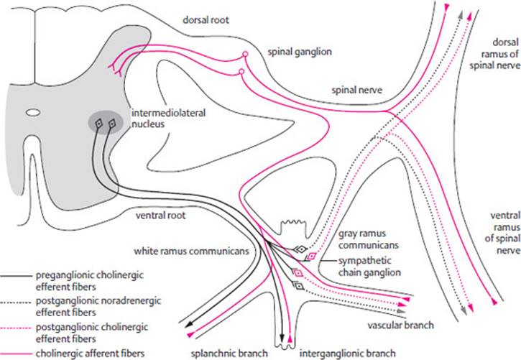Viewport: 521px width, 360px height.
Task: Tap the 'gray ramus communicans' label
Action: [363, 239]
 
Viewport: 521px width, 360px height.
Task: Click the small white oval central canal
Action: [33, 113]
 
